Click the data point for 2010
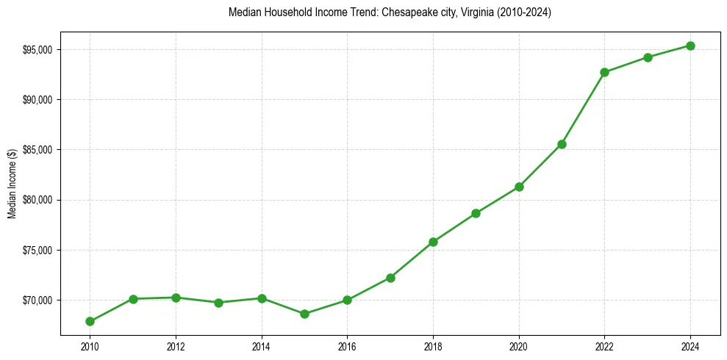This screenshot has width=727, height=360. pos(90,321)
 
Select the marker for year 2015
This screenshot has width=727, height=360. pos(304,314)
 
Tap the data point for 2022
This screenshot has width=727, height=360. pos(604,72)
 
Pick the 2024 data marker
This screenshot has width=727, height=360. pos(690,46)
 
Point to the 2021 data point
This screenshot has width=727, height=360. pos(562,144)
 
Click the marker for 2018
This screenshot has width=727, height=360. pos(433,242)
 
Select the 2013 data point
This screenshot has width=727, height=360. pos(218,302)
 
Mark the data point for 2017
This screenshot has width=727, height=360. pos(390,278)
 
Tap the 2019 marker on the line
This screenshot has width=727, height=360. pos(476,213)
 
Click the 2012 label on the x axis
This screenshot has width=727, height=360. pos(176,345)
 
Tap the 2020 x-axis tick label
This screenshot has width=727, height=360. pos(519,345)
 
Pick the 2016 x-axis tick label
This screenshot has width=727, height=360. pos(347,345)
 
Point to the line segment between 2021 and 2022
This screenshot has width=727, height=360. pos(583,108)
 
